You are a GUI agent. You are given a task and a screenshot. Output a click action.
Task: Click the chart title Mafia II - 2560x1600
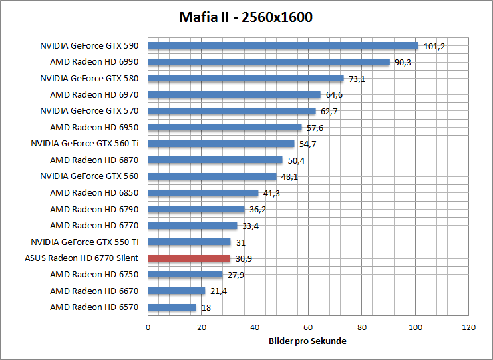246,17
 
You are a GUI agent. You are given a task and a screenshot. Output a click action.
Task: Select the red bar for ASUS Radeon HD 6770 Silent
189,258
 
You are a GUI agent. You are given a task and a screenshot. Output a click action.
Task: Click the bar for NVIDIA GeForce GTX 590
283,46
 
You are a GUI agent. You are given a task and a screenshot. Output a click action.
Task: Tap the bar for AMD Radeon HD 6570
172,307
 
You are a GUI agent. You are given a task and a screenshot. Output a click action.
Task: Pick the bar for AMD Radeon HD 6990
268,62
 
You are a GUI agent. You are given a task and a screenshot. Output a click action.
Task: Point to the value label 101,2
434,47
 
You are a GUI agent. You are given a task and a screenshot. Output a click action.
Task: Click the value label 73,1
357,79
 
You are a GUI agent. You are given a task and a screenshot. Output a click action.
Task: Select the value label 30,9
244,259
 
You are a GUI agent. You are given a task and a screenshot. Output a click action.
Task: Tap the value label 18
206,308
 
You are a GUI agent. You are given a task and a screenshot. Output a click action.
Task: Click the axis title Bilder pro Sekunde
308,341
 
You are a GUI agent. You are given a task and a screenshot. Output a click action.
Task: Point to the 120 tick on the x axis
469,327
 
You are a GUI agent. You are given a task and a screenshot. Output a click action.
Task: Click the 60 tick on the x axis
308,327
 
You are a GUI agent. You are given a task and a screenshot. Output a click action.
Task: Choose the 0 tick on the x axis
148,327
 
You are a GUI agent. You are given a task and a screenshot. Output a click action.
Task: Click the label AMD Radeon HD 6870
94,160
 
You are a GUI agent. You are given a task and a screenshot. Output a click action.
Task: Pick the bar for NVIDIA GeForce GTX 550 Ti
189,242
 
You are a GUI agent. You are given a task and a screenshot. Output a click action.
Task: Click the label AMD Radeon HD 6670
94,291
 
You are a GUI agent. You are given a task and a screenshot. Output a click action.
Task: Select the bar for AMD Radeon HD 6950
224,127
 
